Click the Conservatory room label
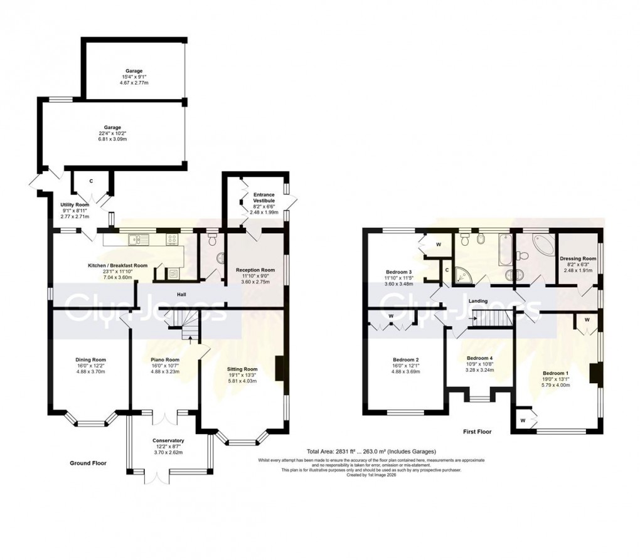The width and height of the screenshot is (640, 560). pos(168,440)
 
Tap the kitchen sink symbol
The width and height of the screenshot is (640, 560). pos(136,239)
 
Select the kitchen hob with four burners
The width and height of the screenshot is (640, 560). pos(173,239)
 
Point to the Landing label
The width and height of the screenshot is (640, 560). pos(479,302)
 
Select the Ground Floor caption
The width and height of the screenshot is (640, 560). pos(88,463)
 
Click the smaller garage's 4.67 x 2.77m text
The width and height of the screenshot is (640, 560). pos(134,83)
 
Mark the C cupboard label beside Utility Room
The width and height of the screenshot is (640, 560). pos(92,181)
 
